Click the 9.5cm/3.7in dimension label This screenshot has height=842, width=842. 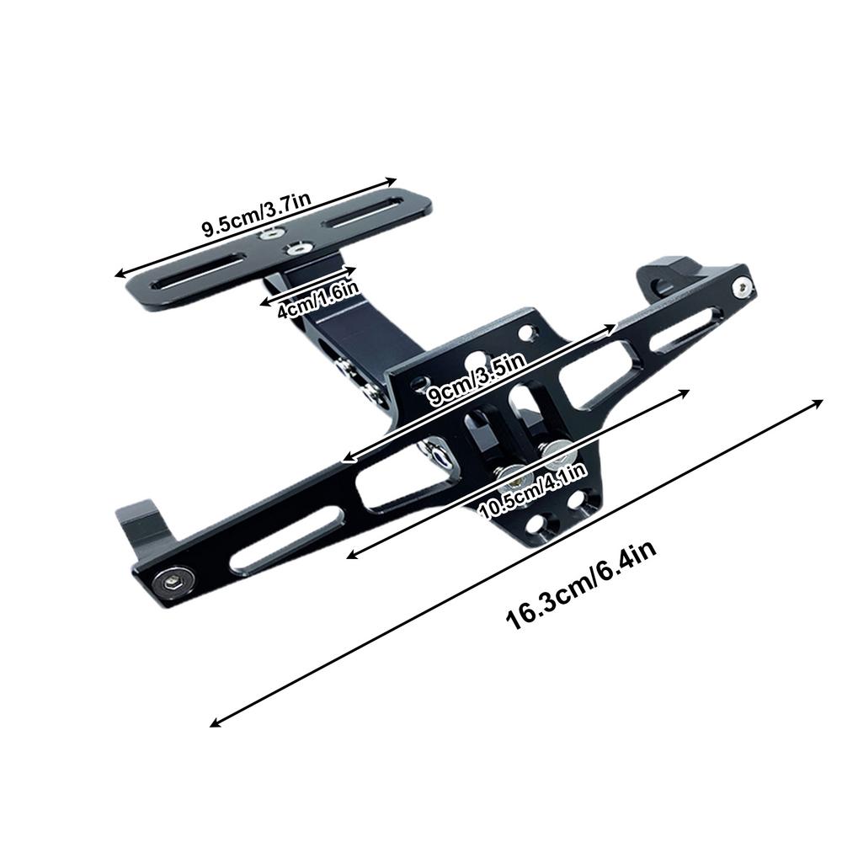257,216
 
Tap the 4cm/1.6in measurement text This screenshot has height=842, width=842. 318,299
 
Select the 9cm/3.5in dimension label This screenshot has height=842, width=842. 477,381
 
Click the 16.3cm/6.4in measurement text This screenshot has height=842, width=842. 581,585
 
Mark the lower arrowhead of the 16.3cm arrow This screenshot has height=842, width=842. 214,722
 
